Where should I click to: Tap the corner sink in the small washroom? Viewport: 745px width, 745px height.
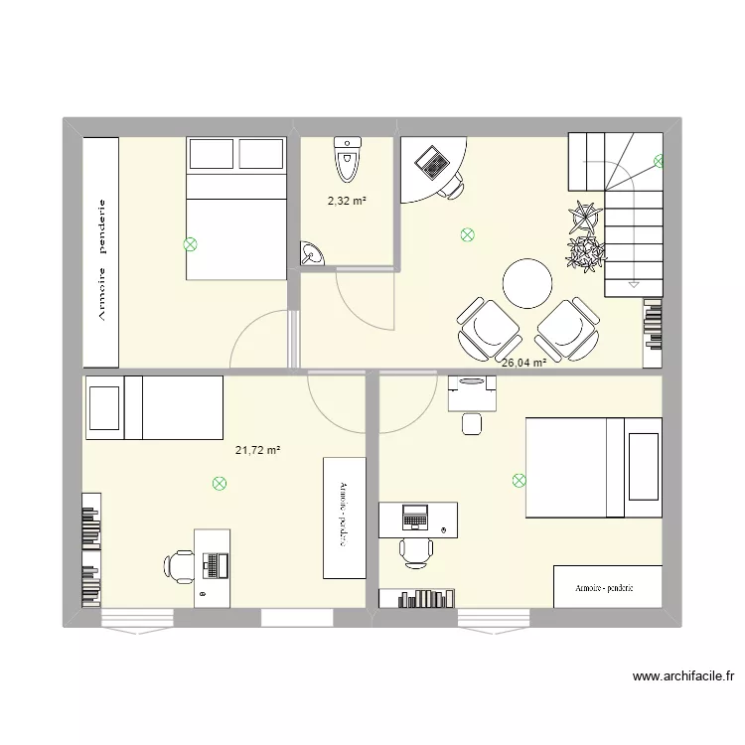(x=311, y=255)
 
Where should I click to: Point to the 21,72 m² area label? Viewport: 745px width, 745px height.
(x=258, y=451)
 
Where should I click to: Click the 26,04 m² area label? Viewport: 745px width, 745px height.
(x=523, y=364)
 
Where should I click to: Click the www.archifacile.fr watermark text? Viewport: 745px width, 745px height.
(x=683, y=676)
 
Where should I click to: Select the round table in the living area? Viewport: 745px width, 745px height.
(x=526, y=283)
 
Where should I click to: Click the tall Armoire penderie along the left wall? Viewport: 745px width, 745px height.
(x=101, y=251)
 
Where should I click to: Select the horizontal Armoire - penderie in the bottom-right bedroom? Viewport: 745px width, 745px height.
(x=607, y=587)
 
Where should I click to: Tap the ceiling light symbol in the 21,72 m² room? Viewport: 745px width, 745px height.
(x=219, y=484)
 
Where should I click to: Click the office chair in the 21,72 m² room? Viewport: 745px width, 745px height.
(x=179, y=565)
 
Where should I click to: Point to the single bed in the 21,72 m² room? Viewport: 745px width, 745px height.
(x=154, y=407)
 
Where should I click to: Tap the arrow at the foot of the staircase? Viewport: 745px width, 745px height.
(x=632, y=283)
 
